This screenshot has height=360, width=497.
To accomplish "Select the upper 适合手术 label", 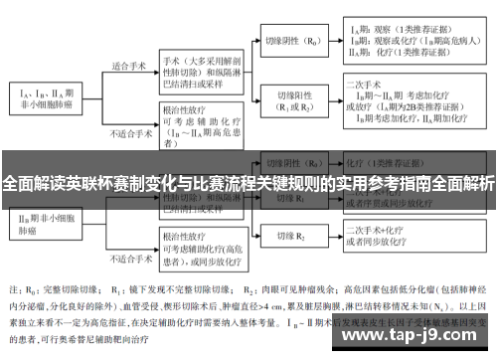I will (x=130, y=66).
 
